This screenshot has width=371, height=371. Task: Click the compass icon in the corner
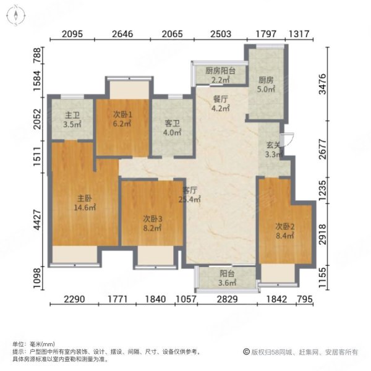(16, 15)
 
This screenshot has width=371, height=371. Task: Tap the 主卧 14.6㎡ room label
(85, 203)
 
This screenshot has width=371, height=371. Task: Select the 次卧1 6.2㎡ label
(122, 119)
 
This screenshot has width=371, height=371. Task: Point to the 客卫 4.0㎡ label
(172, 128)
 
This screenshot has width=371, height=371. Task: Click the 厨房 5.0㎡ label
(266, 85)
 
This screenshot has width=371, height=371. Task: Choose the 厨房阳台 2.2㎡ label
(220, 75)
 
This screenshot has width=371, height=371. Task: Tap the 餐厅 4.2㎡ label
(221, 103)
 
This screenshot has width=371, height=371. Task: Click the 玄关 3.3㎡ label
(274, 150)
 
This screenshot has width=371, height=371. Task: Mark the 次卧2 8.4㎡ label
(285, 231)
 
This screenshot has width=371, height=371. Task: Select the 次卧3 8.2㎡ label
(152, 223)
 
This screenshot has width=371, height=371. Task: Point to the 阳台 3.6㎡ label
(227, 278)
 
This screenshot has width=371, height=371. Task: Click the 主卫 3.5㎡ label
(72, 119)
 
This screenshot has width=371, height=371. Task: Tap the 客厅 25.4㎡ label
(190, 195)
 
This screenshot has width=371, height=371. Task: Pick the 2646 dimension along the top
(122, 34)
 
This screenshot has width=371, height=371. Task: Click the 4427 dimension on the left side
(37, 220)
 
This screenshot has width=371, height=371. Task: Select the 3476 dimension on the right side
(323, 84)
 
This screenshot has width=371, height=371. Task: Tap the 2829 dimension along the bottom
(227, 299)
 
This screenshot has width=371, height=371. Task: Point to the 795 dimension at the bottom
(304, 299)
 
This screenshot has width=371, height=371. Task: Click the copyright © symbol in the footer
(246, 352)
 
